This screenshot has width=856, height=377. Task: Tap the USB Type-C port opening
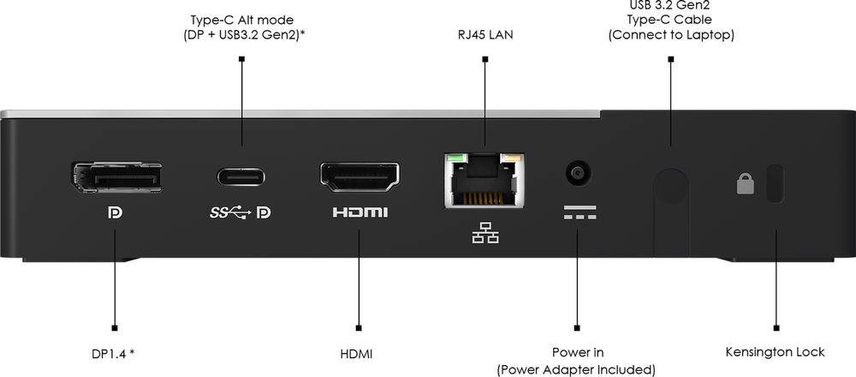(241, 177)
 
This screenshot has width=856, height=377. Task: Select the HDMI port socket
(360, 177)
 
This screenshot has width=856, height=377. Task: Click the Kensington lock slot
(776, 183)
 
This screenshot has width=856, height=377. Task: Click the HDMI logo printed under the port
(360, 212)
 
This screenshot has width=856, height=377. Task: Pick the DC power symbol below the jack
(578, 212)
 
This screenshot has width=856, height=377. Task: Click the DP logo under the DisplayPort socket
(115, 212)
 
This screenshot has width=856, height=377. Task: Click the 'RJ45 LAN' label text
(484, 35)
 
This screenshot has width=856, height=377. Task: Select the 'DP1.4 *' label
(114, 352)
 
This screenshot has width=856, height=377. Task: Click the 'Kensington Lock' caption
(775, 352)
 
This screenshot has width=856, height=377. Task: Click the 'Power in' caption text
(578, 352)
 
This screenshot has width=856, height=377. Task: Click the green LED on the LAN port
(454, 158)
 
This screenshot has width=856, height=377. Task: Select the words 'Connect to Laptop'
(670, 35)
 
